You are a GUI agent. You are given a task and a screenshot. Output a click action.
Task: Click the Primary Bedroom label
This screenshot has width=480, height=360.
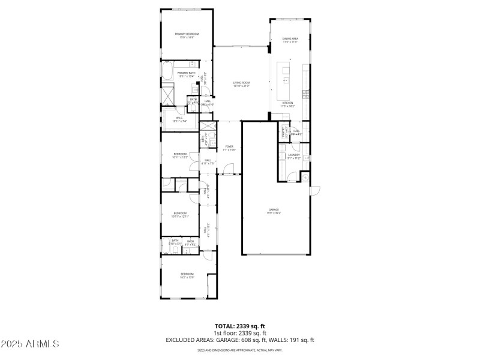click(x=187, y=35)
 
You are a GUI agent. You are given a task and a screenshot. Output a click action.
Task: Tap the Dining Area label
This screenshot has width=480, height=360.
click(x=290, y=40)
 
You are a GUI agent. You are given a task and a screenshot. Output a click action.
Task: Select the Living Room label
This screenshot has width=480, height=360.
click(x=241, y=84)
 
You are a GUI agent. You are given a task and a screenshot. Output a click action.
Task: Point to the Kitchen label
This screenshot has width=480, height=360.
click(x=288, y=104)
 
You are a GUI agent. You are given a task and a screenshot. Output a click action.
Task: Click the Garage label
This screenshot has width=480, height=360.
click(x=274, y=211)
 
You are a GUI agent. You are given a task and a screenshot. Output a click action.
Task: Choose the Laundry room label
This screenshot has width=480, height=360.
click(x=293, y=156)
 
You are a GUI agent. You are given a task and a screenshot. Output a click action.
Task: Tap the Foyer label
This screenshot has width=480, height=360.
click(x=229, y=148)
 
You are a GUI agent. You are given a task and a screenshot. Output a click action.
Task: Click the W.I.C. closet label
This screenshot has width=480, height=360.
click(x=179, y=120)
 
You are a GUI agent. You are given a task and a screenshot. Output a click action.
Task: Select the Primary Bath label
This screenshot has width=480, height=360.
click(x=186, y=74)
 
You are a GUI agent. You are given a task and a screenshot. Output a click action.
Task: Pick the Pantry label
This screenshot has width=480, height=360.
click(x=283, y=132)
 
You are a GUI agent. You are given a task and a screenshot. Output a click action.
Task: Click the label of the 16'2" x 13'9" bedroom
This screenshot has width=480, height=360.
click(x=187, y=275)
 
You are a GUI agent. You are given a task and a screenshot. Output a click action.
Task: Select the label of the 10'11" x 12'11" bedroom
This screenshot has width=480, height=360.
click(x=180, y=214)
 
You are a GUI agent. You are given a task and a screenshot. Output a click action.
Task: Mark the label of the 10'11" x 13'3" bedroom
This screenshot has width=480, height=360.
click(x=180, y=155)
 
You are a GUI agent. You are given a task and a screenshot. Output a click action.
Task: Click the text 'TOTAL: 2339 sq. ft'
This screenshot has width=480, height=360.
click(x=240, y=326)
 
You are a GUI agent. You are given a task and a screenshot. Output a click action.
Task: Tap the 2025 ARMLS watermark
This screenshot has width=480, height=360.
click(x=30, y=344)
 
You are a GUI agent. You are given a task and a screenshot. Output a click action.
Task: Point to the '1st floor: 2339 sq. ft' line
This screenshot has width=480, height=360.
click(x=240, y=333)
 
